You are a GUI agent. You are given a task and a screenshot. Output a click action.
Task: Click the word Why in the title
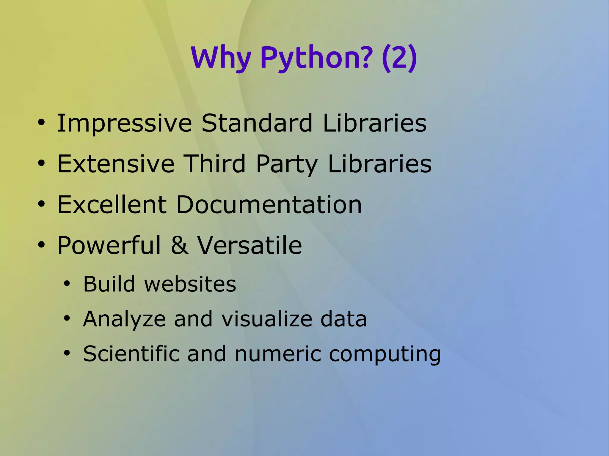pos(221,58)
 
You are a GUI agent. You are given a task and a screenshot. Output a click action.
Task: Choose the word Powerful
pos(109,245)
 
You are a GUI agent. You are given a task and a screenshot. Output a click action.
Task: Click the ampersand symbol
pos(180,245)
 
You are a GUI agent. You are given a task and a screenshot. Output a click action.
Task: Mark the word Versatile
pos(250,245)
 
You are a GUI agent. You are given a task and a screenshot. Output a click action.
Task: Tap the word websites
pos(190,284)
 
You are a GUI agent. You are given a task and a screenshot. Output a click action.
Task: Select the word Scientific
pos(131,354)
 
